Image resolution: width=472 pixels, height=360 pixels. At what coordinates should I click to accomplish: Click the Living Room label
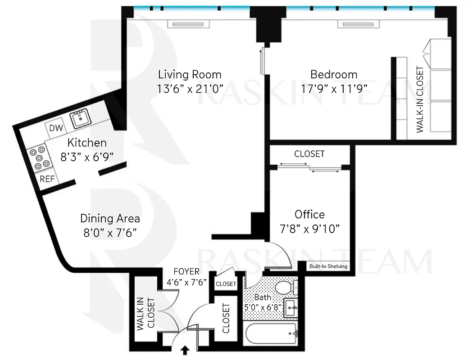click(x=190, y=74)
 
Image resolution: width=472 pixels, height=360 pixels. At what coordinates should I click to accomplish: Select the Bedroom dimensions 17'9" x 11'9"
click(x=334, y=88)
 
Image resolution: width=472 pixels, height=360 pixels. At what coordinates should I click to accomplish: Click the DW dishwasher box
click(x=56, y=128)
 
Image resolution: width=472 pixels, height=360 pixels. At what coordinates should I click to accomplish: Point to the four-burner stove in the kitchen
click(x=38, y=158)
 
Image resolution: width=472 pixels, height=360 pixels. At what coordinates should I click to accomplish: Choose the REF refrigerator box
click(x=47, y=179)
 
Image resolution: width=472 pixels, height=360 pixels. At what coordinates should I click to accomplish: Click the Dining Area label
click(x=110, y=219)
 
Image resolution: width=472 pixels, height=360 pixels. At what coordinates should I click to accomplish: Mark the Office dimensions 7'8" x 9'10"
click(x=309, y=228)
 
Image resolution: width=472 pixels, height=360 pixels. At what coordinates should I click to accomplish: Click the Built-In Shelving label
click(x=328, y=266)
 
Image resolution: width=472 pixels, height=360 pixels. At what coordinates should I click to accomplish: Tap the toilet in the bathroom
click(x=286, y=287)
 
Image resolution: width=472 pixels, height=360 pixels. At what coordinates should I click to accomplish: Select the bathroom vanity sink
click(x=290, y=308)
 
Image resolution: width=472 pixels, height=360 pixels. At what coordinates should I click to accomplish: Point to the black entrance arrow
click(x=184, y=351)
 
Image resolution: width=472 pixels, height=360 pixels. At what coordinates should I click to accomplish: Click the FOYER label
click(x=186, y=272)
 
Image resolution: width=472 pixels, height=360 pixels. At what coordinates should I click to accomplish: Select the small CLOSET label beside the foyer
click(x=226, y=284)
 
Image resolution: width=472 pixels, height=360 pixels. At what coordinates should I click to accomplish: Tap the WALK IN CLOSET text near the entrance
click(x=146, y=314)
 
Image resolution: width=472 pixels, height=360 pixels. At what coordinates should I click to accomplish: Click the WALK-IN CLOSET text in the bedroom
click(x=420, y=100)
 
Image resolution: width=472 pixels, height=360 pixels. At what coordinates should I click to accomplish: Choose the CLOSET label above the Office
click(x=309, y=154)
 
